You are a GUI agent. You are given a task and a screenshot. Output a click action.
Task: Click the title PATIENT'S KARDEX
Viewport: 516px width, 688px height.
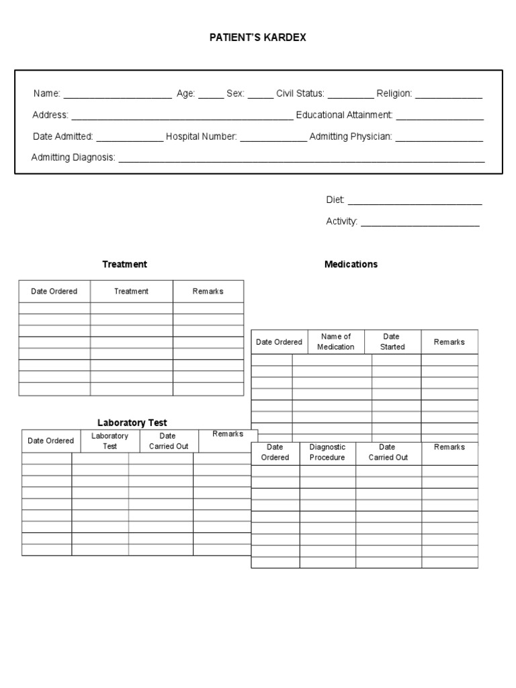point(257,38)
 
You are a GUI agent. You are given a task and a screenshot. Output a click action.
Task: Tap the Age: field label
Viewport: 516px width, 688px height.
point(185,94)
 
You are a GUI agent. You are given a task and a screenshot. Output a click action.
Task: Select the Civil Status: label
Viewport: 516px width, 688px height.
point(300,94)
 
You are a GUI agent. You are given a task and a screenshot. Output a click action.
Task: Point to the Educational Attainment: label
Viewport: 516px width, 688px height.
point(344,116)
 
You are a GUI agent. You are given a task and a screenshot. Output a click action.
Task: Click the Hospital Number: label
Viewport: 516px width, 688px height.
point(202,136)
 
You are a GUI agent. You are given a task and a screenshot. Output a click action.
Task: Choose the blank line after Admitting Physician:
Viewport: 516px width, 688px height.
point(439,138)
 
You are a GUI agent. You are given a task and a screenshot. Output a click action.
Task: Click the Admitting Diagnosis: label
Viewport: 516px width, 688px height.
point(73,157)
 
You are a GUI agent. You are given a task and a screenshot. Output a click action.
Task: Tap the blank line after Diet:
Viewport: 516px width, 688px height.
point(415,201)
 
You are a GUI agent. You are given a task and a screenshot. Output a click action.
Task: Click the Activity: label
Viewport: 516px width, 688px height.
point(341,221)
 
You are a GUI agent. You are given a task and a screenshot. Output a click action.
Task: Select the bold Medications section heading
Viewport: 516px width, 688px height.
point(351,264)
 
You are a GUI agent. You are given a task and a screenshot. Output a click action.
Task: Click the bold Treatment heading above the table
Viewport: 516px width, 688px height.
point(124,264)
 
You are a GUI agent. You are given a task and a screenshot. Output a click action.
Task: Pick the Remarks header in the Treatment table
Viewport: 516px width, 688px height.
point(208,291)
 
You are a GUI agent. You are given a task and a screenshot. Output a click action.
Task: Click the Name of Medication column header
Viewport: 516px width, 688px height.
point(336,341)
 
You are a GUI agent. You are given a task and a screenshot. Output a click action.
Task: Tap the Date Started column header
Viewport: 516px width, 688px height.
point(392,341)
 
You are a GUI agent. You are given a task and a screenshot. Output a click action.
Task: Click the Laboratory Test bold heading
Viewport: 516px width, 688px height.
point(132,423)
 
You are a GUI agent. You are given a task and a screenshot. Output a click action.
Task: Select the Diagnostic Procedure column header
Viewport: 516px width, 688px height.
point(327,452)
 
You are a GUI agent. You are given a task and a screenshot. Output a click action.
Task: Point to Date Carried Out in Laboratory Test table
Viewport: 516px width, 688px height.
point(168,441)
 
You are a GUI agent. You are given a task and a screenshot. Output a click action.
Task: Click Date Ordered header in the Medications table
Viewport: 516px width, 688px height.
point(279,342)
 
